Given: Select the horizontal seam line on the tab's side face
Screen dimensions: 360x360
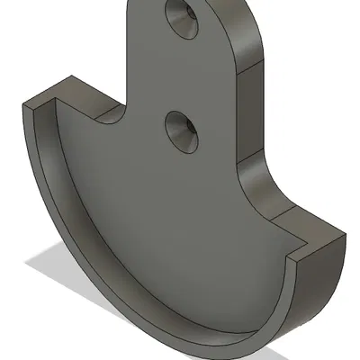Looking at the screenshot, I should pyautogui.click(x=253, y=67).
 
